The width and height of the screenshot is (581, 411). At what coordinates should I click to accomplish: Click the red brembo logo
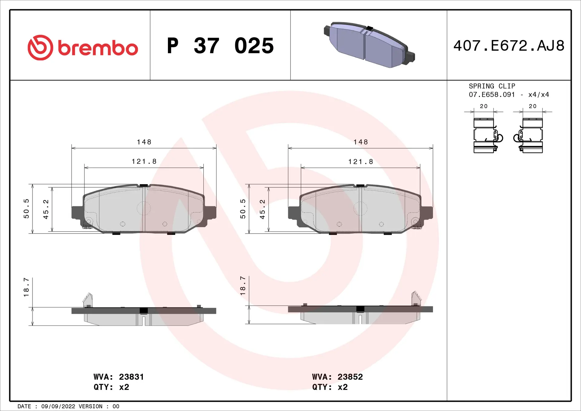pos(82,48)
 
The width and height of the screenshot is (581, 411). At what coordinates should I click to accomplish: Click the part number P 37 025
pos(220,46)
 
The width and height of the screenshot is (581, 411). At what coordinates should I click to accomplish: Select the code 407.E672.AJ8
pos(509,46)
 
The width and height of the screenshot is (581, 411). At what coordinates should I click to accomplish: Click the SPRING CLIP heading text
pos(492,86)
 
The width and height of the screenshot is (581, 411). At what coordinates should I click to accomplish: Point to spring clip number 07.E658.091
pos(492,95)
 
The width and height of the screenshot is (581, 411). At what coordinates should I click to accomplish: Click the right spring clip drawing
pos(530,135)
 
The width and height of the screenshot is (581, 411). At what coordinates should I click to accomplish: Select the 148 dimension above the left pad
pos(144,142)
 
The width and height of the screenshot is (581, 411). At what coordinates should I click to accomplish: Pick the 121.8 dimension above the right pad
pos(361,162)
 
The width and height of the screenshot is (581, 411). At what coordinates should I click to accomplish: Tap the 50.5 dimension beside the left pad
pos(26,209)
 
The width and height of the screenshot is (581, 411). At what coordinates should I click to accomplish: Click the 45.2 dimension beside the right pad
pos(262,209)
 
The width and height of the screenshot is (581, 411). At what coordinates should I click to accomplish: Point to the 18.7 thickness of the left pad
pos(26,287)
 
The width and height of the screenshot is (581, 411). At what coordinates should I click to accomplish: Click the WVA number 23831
pos(131,377)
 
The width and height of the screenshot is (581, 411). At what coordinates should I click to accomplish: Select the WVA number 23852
pos(350,377)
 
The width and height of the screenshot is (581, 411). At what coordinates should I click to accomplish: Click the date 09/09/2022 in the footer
pos(58,406)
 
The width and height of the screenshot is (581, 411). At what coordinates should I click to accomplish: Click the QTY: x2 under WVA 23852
pos(330,387)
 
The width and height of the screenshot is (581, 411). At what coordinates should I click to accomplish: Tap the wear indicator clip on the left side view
pos(88,300)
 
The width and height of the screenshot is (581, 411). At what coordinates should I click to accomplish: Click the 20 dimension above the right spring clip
pos(533,106)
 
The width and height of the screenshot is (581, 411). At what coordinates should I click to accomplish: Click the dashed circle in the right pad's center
pos(360,208)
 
